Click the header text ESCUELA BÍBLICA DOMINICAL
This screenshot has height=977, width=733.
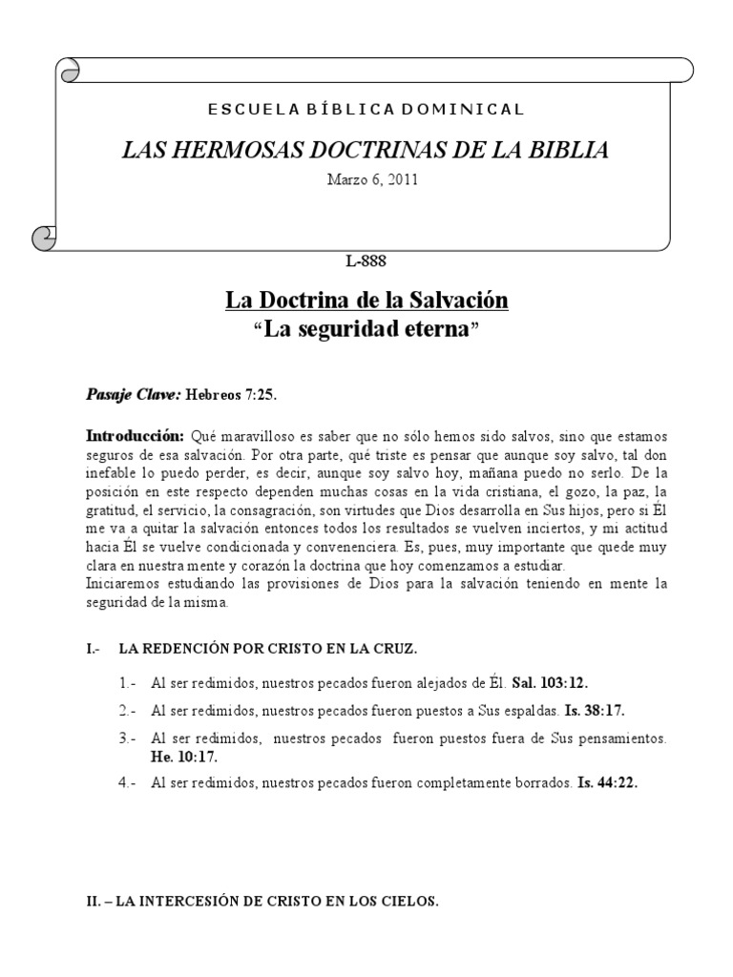(366, 109)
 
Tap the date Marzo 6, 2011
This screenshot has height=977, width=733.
(366, 181)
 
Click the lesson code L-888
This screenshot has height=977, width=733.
(366, 259)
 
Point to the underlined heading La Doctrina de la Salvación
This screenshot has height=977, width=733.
(366, 301)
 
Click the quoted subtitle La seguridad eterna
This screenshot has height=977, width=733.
(366, 330)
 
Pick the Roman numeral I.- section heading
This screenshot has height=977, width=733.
(94, 649)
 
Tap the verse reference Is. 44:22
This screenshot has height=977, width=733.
(607, 782)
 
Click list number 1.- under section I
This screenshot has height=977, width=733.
(128, 684)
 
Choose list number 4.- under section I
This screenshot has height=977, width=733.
(128, 782)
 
